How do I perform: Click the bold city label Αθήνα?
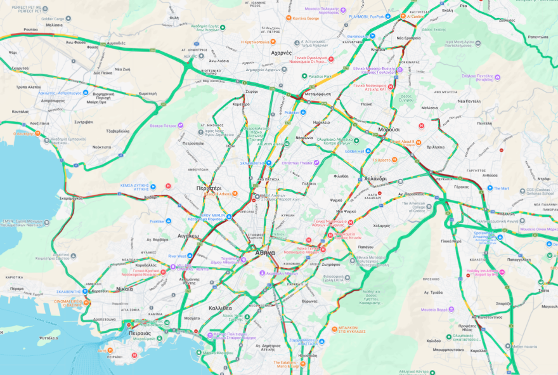click(265, 253)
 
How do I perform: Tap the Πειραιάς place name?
click(139, 332)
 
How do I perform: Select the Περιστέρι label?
click(209, 188)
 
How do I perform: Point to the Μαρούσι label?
click(389, 129)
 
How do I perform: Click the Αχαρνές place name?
click(281, 53)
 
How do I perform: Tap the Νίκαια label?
click(125, 288)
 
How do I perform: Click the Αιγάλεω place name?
click(188, 235)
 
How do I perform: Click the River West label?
click(177, 256)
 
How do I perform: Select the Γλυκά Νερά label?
click(451, 240)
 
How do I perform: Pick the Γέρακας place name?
click(462, 187)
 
